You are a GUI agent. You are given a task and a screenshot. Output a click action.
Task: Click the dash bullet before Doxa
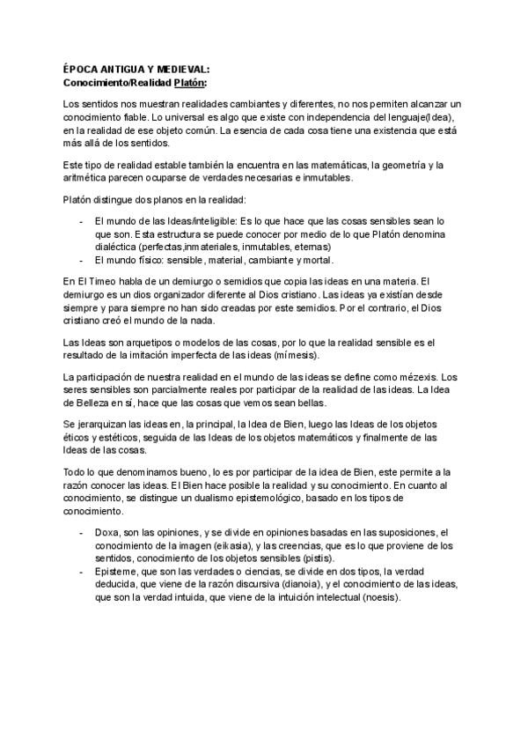click(x=82, y=532)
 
